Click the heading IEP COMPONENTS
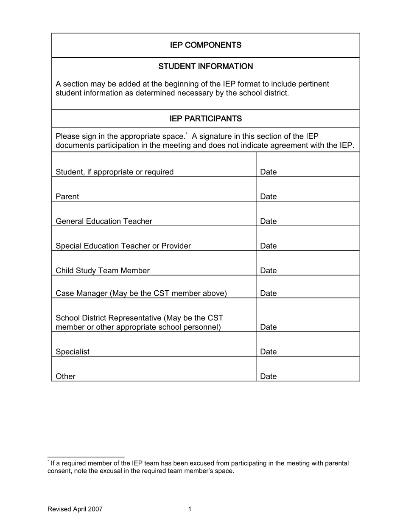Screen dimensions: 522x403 [205, 45]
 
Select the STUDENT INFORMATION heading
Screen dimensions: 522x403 [205, 67]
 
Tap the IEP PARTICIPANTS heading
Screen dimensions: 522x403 [205, 119]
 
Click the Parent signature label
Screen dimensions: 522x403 [67, 197]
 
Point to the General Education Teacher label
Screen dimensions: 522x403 [104, 222]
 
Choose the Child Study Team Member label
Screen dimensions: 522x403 [103, 271]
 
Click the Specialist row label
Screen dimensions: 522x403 [73, 352]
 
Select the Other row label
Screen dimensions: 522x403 [65, 376]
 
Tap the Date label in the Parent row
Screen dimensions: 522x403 [268, 197]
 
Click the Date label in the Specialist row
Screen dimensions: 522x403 [268, 352]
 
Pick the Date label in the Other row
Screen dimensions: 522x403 [268, 376]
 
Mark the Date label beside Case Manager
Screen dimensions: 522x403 [268, 294]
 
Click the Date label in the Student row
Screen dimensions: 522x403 [268, 172]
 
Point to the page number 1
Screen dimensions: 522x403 [190, 509]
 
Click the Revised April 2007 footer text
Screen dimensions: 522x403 [75, 509]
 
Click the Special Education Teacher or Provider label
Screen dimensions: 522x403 [123, 246]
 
